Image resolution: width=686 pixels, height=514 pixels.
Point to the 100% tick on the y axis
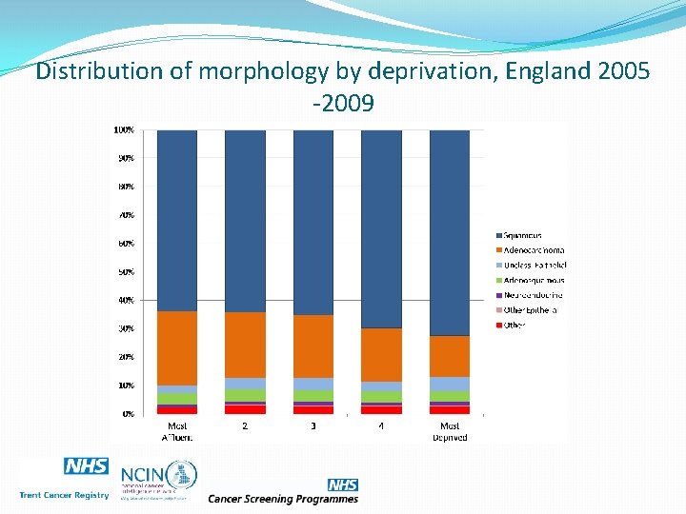[124, 129]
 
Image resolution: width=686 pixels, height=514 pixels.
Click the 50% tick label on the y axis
[125, 272]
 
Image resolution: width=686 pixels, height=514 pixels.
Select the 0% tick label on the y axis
[127, 414]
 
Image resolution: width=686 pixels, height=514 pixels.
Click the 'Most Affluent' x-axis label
[177, 431]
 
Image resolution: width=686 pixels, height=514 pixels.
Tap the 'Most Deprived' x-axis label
[450, 431]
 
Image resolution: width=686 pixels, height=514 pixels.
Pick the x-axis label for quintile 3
[313, 425]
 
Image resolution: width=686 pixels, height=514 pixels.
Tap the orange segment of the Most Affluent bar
[177, 347]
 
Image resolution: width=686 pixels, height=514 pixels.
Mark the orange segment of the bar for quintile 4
[381, 354]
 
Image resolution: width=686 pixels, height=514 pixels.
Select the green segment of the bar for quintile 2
[245, 395]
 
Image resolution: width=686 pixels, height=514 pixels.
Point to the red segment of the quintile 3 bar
[313, 410]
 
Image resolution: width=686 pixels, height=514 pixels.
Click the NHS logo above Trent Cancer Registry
[86, 466]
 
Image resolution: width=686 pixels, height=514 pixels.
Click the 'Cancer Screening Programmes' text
[283, 498]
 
